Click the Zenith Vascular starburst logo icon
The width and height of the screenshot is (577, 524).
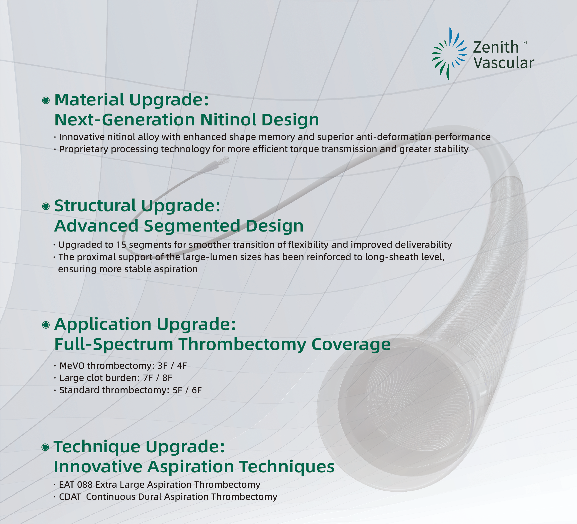pyautogui.click(x=449, y=54)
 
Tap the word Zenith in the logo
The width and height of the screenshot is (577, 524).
pyautogui.click(x=496, y=47)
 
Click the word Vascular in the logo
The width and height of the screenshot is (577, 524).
pyautogui.click(x=504, y=63)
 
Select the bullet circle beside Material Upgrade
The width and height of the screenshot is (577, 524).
pyautogui.click(x=46, y=101)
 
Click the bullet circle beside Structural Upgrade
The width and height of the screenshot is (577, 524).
pyautogui.click(x=46, y=206)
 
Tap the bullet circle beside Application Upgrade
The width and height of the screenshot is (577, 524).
pyautogui.click(x=46, y=325)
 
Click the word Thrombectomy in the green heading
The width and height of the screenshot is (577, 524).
pyautogui.click(x=242, y=344)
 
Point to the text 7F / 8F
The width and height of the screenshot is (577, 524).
pyautogui.click(x=158, y=378)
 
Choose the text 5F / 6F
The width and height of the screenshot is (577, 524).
pyautogui.click(x=187, y=390)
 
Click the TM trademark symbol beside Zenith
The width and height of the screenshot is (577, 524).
pyautogui.click(x=524, y=43)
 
